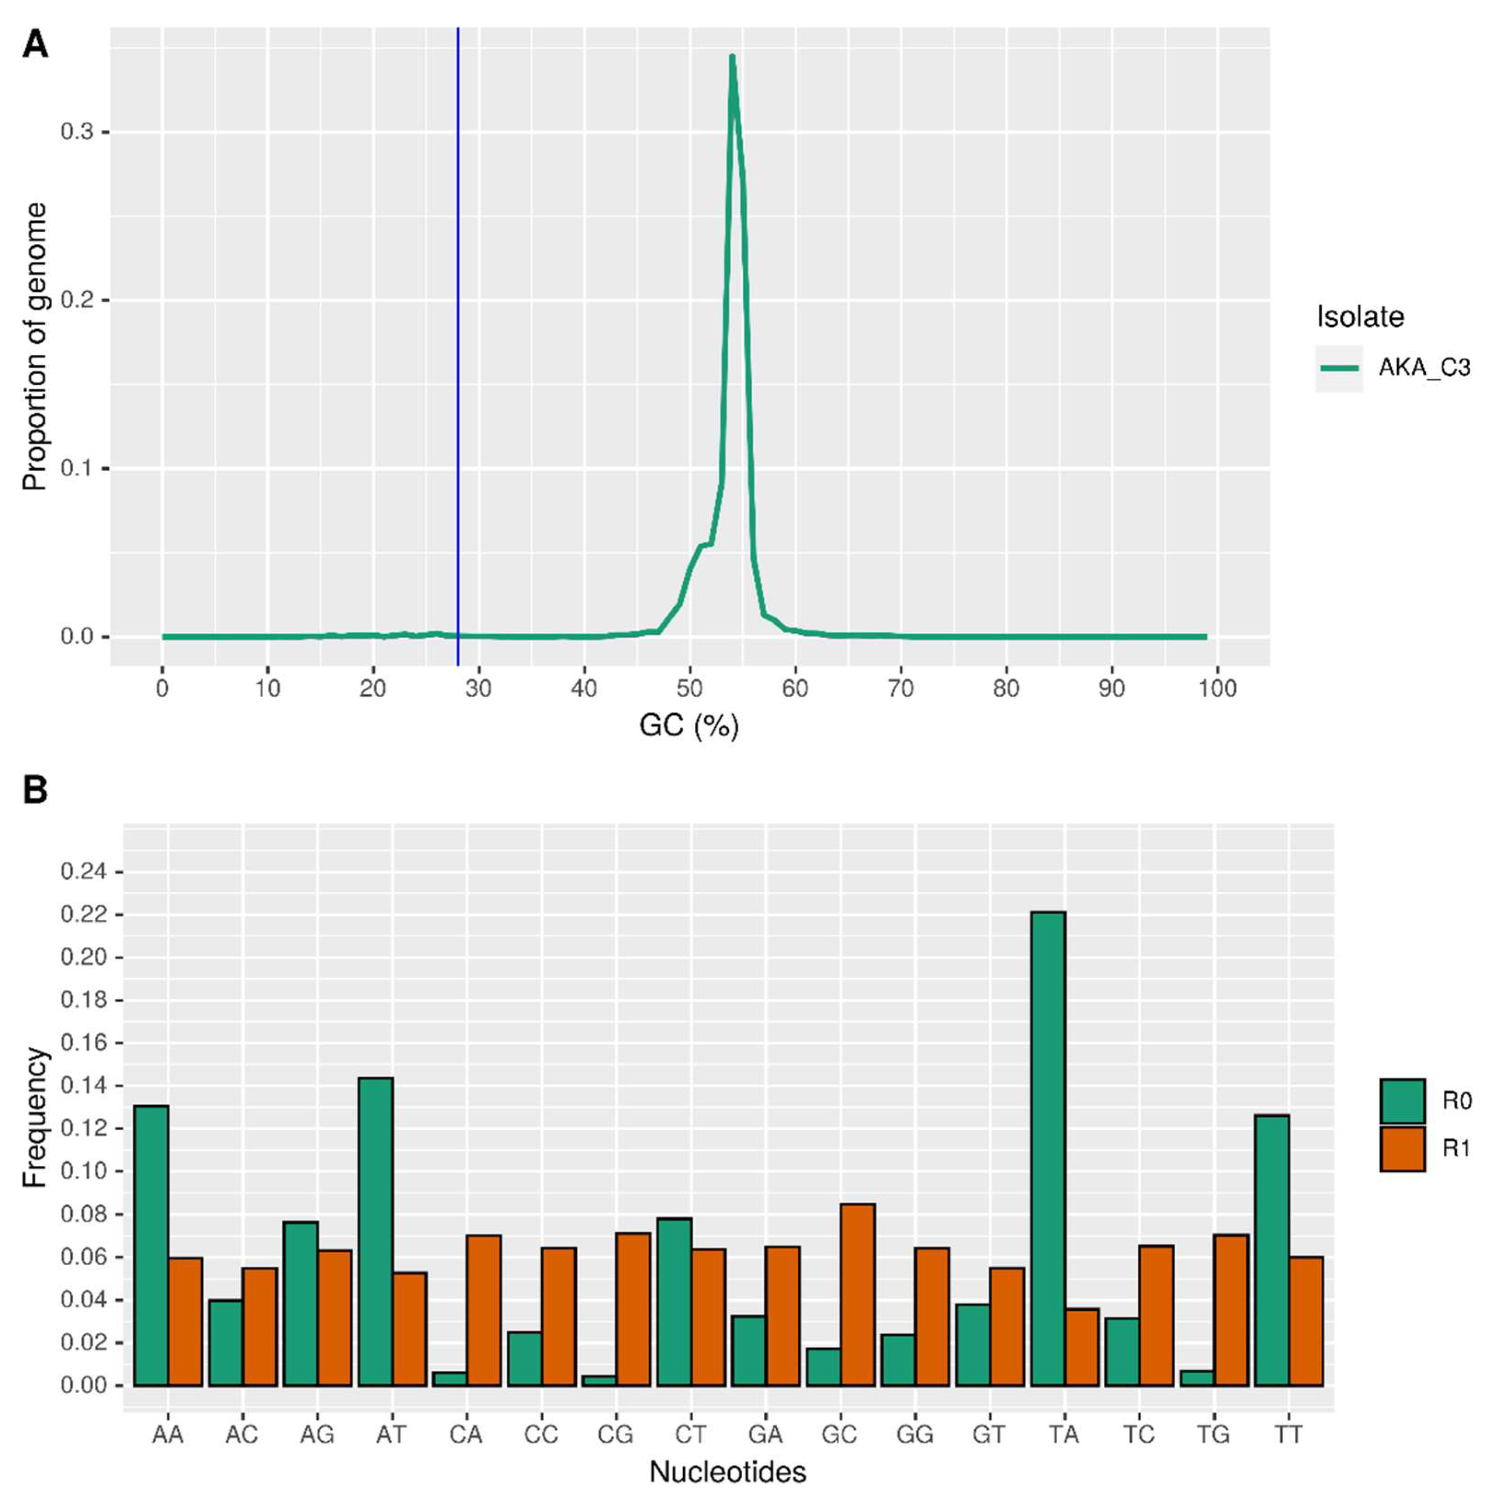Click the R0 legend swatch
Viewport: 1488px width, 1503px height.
click(x=1402, y=1101)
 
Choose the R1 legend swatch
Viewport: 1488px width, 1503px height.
click(x=1402, y=1149)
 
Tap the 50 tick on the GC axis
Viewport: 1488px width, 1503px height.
click(x=689, y=688)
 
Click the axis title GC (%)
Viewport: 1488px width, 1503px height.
click(x=688, y=726)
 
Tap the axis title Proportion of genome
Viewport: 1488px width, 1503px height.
click(x=35, y=346)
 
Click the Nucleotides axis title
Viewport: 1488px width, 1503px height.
click(x=727, y=1472)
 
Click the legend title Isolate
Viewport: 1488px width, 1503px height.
click(x=1359, y=317)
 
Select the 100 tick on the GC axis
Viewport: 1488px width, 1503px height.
click(x=1217, y=688)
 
